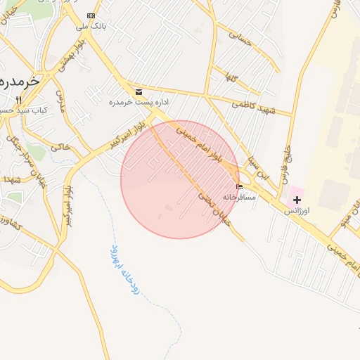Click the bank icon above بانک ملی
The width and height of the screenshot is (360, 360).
91,15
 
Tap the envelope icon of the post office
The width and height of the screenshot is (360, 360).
138,92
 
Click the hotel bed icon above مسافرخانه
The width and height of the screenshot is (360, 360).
240,186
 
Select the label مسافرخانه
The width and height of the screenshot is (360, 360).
240,198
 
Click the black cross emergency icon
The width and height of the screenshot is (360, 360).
297,200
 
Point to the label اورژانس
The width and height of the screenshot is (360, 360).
297,211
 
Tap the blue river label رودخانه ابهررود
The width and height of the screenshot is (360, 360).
124,269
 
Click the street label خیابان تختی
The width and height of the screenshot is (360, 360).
214,208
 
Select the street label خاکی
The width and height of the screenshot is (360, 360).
61,147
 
